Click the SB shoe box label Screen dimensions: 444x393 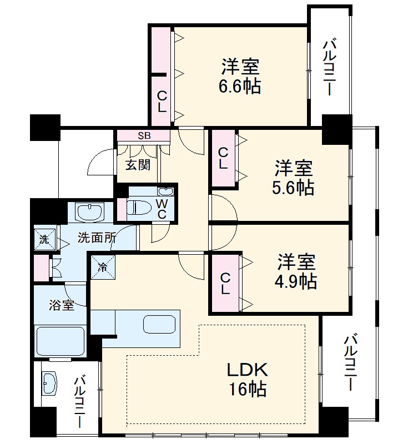pyautogui.click(x=143, y=135)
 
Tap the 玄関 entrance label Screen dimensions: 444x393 pyautogui.click(x=137, y=165)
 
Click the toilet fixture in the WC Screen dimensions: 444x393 pyautogui.click(x=135, y=208)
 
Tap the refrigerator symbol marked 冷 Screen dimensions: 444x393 pyautogui.click(x=103, y=266)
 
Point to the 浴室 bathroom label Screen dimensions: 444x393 pyautogui.click(x=61, y=305)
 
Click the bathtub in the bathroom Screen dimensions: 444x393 pyautogui.click(x=59, y=341)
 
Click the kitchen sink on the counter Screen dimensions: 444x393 pyautogui.click(x=160, y=324)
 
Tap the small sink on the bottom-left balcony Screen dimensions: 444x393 pyautogui.click(x=51, y=382)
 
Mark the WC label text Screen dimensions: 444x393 pyautogui.click(x=162, y=208)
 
